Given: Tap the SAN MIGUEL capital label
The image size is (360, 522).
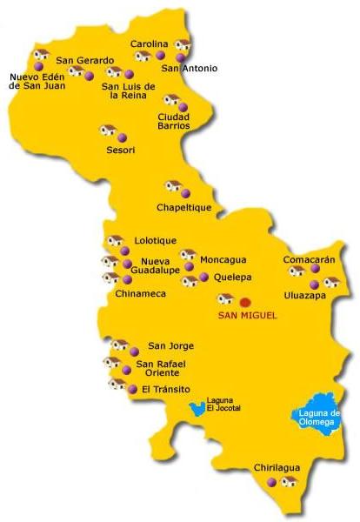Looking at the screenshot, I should [x=247, y=315].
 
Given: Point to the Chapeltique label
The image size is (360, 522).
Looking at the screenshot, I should [x=185, y=207].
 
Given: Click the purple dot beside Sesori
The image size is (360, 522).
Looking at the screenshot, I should [x=123, y=137].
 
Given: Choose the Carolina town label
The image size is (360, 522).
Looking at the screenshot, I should [x=149, y=43].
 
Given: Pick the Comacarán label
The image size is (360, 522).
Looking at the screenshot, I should [x=310, y=259].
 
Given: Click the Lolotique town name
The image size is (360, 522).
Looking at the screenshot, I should [x=156, y=240].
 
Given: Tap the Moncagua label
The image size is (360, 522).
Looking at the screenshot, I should [x=223, y=259].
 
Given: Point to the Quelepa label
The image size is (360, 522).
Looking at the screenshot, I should [x=232, y=278].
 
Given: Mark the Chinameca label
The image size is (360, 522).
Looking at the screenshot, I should [x=140, y=294].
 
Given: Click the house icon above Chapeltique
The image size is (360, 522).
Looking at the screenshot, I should [x=173, y=187].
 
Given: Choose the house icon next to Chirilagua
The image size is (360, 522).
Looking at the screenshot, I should [x=290, y=481].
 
